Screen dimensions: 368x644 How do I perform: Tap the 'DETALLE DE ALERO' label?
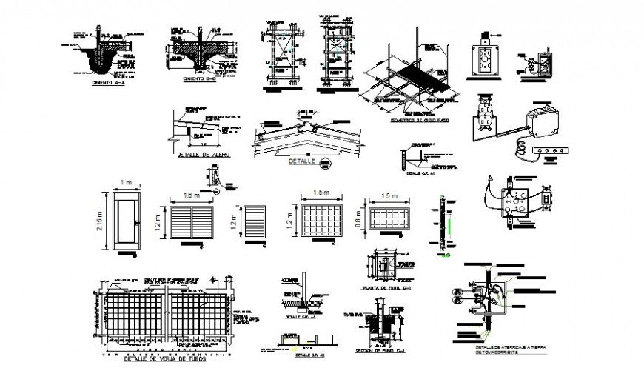pos(204,154)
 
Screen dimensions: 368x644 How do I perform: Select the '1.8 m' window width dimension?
pos(191,196)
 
